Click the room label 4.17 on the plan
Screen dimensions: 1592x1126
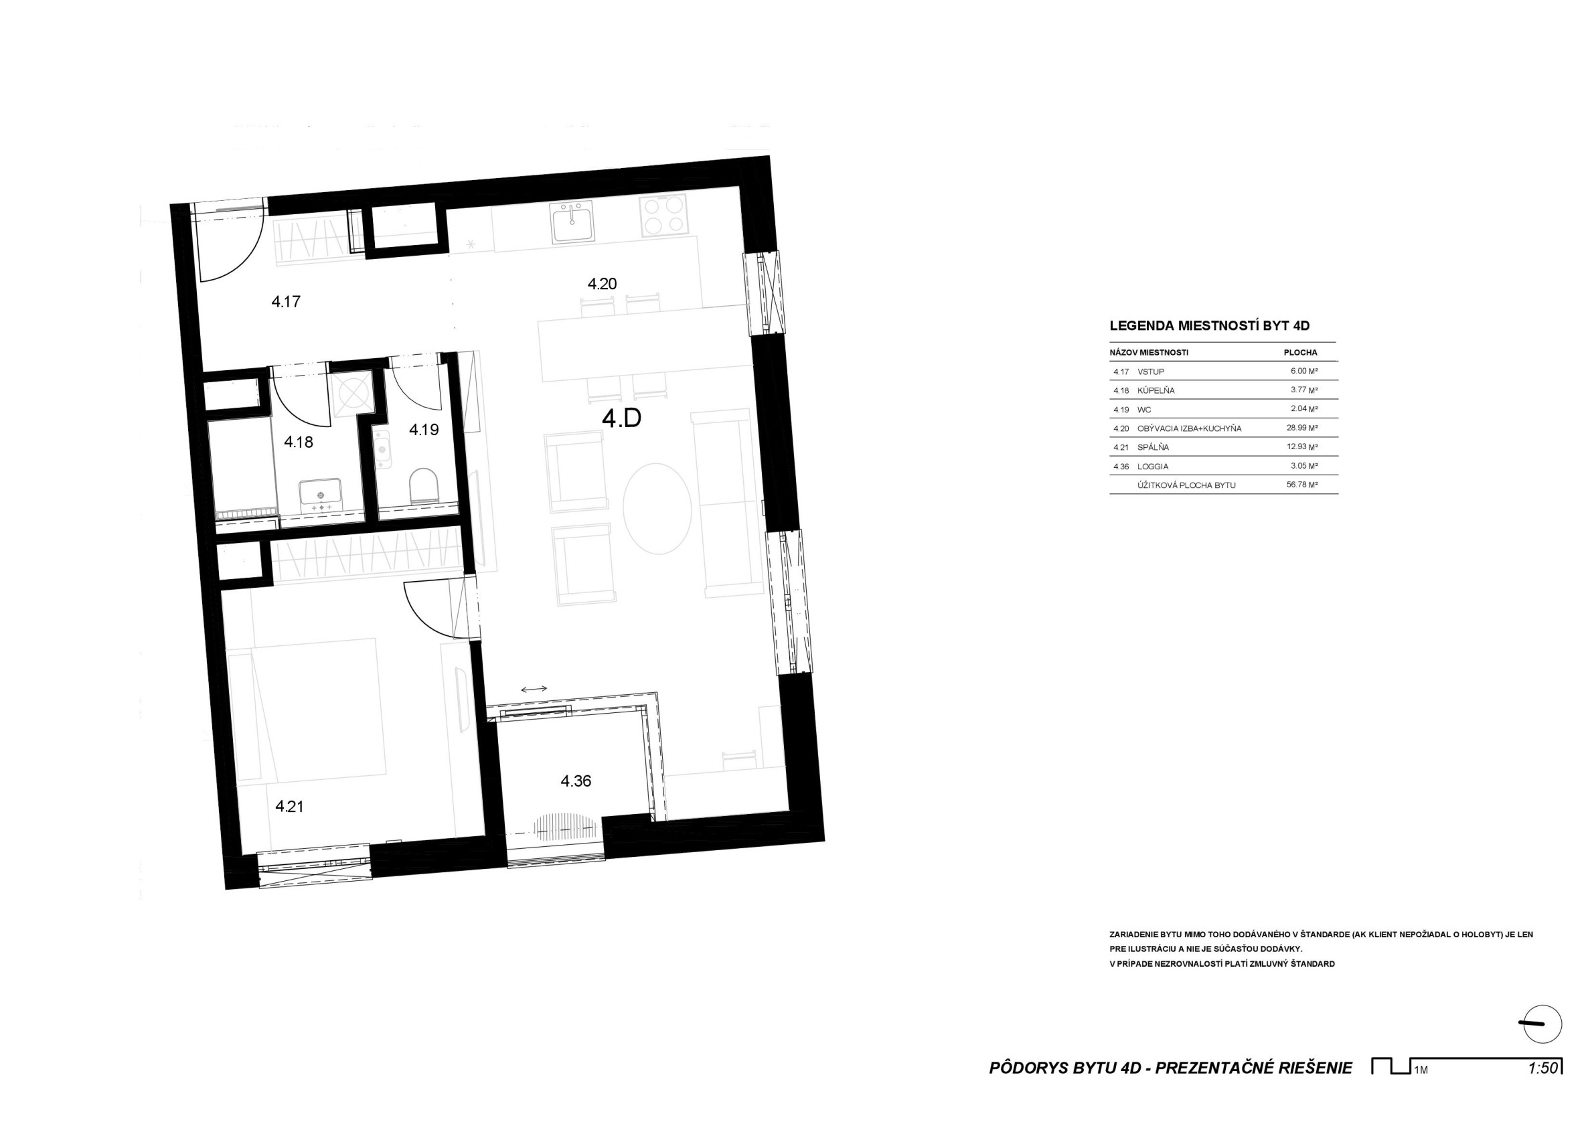[286, 302]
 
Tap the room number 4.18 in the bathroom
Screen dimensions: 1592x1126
[299, 442]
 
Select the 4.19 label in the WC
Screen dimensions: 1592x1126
[424, 429]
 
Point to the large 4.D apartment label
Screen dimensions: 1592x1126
[621, 419]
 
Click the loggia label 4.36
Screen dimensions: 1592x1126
[576, 781]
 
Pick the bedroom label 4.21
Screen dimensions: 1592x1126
[290, 807]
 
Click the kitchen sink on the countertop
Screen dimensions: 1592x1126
[573, 222]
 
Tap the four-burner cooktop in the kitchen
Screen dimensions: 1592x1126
[663, 214]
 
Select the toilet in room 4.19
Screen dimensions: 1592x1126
[424, 485]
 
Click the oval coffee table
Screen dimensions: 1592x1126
[657, 508]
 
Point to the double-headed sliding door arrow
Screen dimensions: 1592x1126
[534, 690]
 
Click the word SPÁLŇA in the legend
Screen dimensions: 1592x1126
[1153, 447]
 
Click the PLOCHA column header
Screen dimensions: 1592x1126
[1301, 352]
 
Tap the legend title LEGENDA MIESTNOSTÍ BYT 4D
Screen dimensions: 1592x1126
[1209, 325]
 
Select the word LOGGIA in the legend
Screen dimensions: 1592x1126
[1151, 467]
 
